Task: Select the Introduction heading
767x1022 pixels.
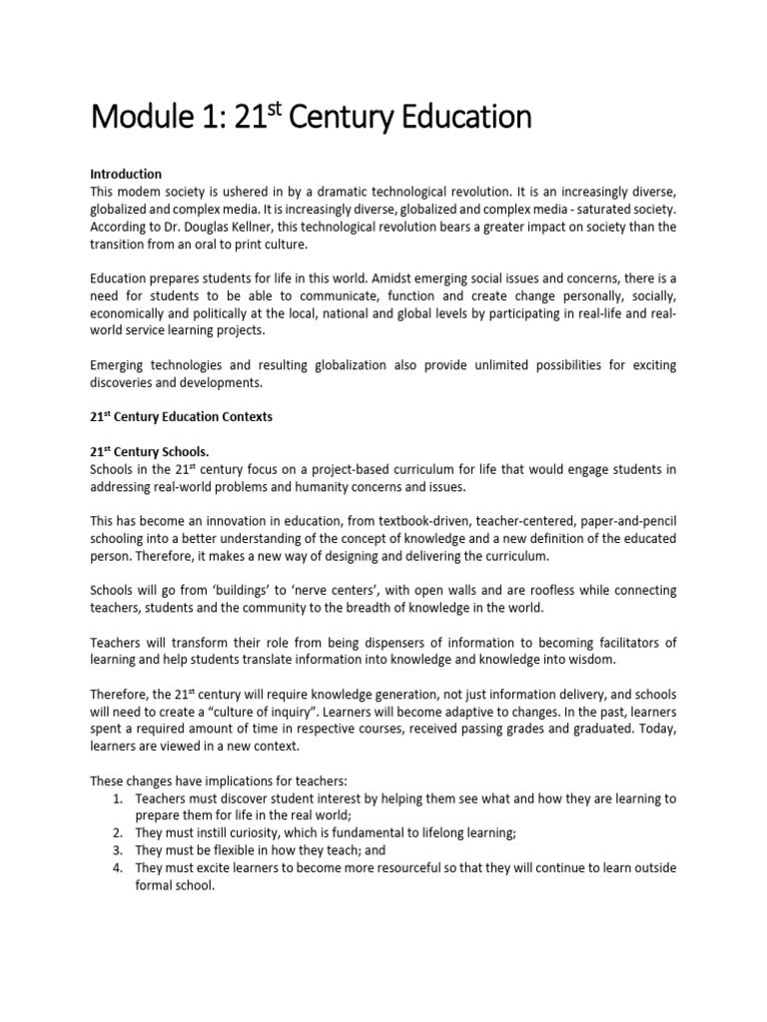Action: (126, 175)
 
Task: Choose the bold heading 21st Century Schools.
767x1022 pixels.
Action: (150, 451)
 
